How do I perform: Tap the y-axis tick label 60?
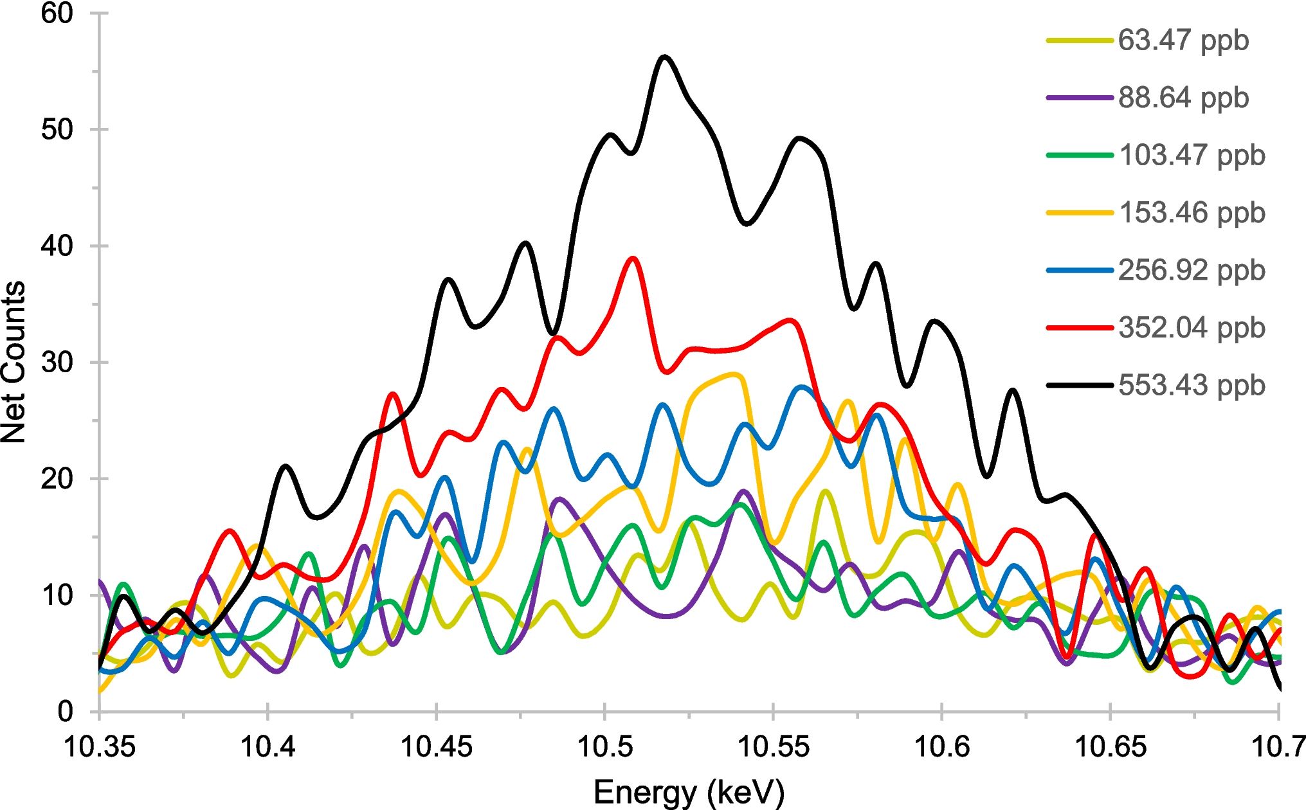click(x=57, y=14)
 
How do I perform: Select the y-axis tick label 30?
click(x=57, y=363)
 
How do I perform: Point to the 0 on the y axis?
click(x=66, y=711)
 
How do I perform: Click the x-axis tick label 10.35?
click(x=100, y=747)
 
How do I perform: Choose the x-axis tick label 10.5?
click(x=604, y=747)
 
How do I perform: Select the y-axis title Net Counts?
click(x=14, y=362)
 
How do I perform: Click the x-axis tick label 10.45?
click(x=436, y=747)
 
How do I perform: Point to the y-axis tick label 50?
click(x=57, y=130)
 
